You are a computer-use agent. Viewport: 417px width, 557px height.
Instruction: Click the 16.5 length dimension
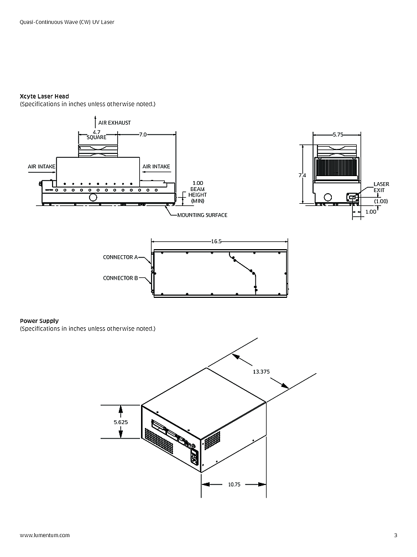click(x=216, y=241)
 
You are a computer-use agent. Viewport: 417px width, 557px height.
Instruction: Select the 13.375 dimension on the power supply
click(x=261, y=372)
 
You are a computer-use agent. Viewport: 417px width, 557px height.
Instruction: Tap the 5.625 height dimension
click(x=121, y=422)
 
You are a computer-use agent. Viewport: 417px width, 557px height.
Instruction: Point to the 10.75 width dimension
click(x=234, y=484)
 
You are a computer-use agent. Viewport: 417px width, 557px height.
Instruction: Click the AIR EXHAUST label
click(x=114, y=122)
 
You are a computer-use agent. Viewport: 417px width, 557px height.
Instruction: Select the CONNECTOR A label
click(x=121, y=257)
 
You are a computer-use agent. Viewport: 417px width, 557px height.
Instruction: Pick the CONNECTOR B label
click(x=121, y=278)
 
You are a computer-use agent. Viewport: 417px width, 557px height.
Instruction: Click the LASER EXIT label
click(x=381, y=187)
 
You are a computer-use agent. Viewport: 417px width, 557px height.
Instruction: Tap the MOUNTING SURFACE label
click(x=202, y=215)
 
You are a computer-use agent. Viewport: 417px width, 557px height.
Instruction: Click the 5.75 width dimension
click(x=338, y=135)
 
